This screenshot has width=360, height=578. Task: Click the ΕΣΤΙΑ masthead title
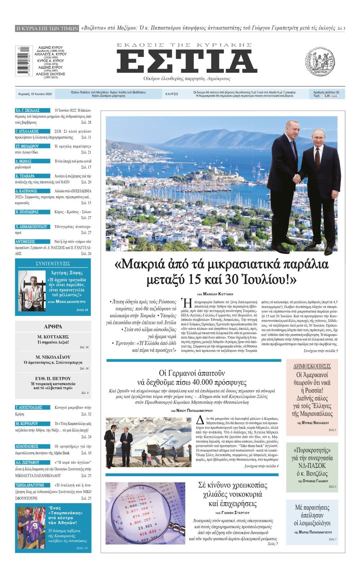point(186,62)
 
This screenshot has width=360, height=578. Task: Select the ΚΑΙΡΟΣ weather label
point(172,94)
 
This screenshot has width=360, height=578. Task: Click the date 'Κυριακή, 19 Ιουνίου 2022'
point(35,94)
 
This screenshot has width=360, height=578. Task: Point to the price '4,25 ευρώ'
point(330,96)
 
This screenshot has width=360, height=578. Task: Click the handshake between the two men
point(297,178)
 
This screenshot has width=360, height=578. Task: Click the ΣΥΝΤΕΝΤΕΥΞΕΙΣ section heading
point(53,264)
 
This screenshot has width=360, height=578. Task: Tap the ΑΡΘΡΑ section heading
point(53,327)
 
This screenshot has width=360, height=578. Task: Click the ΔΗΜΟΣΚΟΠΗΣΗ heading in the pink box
point(312,366)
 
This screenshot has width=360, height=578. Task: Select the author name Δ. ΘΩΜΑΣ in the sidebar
point(24,161)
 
